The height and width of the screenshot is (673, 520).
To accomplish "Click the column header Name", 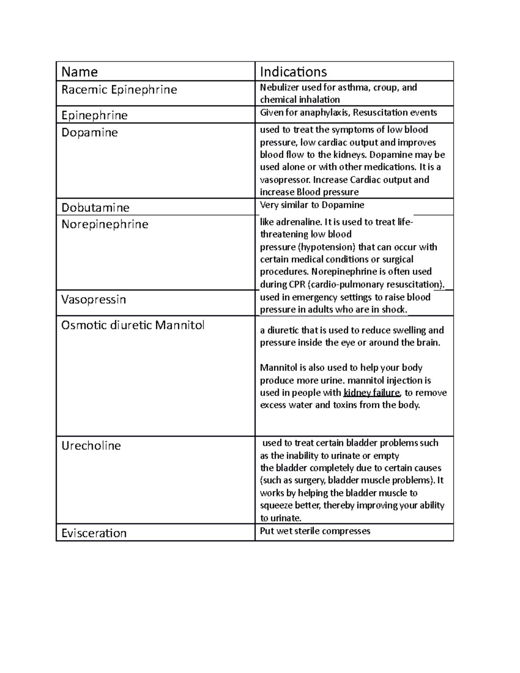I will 80,72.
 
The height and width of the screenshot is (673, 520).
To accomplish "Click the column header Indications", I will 293,72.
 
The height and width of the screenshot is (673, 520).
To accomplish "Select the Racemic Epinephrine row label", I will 119,90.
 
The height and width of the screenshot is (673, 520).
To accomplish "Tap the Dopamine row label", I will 89,132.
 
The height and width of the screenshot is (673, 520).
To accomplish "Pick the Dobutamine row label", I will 95,208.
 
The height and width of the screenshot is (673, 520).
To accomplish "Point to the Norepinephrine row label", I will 105,224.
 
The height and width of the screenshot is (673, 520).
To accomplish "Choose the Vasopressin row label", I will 94,299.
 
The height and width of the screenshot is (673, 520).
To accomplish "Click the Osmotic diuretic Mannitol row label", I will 133,325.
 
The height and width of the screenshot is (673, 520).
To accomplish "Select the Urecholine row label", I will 91,445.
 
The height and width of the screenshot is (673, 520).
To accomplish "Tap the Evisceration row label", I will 94,533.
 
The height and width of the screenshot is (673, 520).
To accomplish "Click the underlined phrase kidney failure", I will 371,393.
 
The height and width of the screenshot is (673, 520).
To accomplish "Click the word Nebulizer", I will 279,88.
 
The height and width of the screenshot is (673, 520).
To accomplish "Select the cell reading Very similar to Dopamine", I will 312,205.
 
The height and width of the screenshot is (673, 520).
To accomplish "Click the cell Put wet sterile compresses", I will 315,531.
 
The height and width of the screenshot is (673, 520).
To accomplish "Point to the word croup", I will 385,88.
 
